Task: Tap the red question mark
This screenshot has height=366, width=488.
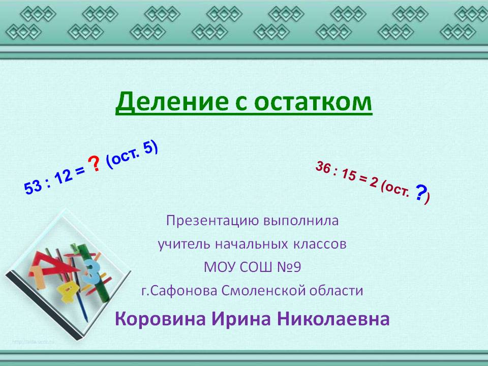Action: [x=94, y=164]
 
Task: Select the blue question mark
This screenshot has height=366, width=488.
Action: [x=420, y=193]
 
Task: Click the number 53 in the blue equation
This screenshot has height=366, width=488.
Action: [x=33, y=187]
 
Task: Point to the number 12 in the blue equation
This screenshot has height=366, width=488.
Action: [x=63, y=176]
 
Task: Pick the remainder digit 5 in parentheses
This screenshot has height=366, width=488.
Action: [x=148, y=148]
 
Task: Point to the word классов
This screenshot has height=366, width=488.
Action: [x=319, y=245]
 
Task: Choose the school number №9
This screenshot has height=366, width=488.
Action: [x=289, y=267]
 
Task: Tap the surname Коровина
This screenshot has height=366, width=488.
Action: [x=160, y=319]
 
